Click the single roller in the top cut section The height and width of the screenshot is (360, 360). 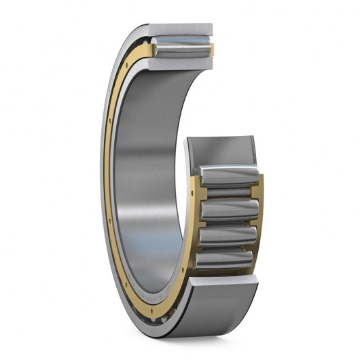pos(178,48)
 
